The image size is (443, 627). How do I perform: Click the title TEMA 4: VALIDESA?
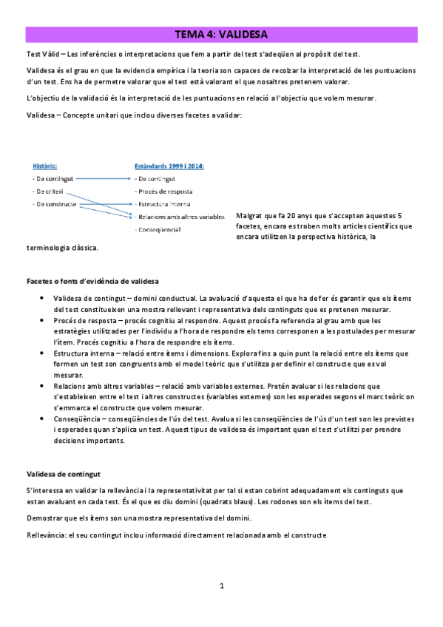point(221,34)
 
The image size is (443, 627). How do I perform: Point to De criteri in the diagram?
point(50,191)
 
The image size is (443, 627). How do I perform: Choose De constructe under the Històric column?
point(54,203)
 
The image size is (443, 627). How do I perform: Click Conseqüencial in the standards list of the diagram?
point(158,229)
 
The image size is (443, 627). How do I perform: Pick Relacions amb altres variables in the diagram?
point(180,216)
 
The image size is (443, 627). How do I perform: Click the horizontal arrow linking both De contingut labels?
point(105,179)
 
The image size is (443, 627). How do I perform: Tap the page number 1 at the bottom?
point(221,586)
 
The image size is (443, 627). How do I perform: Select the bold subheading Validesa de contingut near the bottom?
point(63,473)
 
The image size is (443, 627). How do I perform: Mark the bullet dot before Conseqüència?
point(48,418)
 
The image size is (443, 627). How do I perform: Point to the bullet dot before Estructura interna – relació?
point(48,354)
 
